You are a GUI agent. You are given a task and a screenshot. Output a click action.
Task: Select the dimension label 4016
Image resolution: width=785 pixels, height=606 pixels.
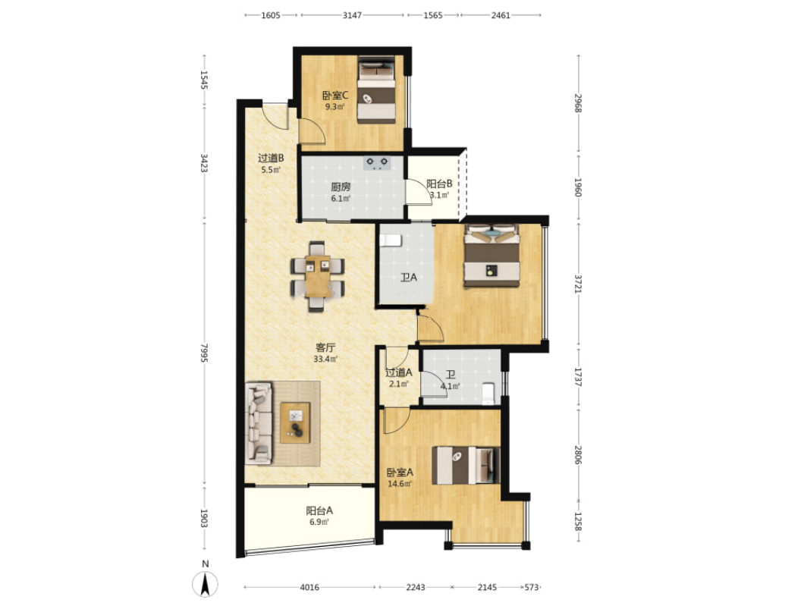tap(309, 587)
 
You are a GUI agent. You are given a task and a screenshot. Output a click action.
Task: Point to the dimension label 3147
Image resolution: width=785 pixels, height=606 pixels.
tap(352, 15)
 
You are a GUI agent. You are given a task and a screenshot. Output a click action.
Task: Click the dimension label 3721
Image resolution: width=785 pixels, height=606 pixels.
tap(578, 284)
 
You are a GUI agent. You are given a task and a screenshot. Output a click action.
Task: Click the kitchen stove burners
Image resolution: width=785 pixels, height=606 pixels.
tap(377, 163)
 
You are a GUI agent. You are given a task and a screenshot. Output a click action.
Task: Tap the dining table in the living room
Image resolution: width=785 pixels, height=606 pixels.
tap(317, 277)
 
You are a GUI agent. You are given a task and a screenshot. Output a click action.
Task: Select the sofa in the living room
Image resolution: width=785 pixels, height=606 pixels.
tap(259, 423)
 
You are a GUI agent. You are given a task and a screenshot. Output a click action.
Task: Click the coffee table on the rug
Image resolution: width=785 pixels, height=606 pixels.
tap(295, 422)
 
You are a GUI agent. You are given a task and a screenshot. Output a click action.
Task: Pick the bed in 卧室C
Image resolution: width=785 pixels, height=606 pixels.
tap(376, 89)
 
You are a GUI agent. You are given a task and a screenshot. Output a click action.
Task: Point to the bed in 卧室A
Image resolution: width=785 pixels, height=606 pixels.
tap(466, 465)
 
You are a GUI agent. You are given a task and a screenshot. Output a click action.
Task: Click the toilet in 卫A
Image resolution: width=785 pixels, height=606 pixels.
tap(391, 240)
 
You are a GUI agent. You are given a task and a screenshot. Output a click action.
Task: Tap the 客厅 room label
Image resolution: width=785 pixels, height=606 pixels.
tap(325, 347)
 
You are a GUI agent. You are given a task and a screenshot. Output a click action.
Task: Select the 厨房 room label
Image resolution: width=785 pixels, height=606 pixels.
tap(341, 187)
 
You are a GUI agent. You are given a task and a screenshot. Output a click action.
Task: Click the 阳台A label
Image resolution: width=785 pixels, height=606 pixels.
tap(319, 511)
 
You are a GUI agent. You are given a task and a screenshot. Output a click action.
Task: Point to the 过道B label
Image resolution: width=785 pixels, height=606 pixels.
tap(271, 159)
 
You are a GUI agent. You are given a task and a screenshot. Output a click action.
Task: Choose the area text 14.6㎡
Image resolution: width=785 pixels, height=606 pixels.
tap(400, 484)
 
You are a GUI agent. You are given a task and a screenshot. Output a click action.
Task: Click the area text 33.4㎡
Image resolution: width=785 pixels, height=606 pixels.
tap(325, 359)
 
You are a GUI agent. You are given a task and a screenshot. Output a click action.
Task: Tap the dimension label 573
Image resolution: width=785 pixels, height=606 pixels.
tap(532, 587)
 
